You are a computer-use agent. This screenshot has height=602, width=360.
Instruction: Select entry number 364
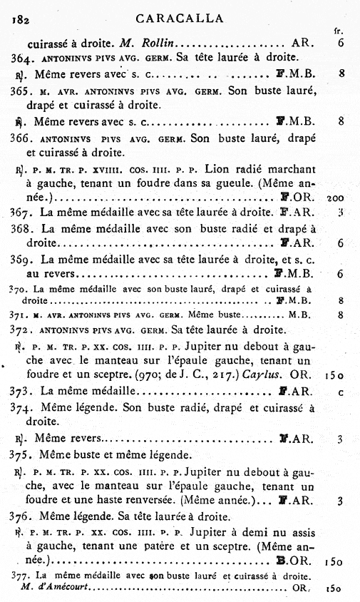pyautogui.click(x=21, y=58)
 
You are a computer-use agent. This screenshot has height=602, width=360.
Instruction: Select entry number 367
pyautogui.click(x=22, y=211)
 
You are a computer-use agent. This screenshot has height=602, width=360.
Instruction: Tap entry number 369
pyautogui.click(x=22, y=258)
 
